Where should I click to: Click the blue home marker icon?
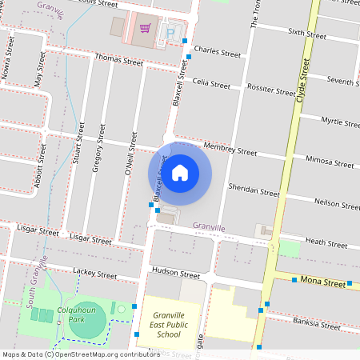pyautogui.click(x=180, y=172)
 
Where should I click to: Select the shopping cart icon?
pyautogui.click(x=145, y=29)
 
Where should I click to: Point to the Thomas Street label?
pyautogui.click(x=118, y=60)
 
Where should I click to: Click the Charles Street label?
pyautogui.click(x=217, y=53)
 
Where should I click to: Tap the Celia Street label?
pyautogui.click(x=211, y=83)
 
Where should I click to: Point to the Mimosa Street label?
pyautogui.click(x=330, y=162)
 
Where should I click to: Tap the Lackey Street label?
pyautogui.click(x=94, y=274)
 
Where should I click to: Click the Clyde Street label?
pyautogui.click(x=302, y=78)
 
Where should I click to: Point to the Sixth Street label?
pyautogui.click(x=307, y=34)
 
